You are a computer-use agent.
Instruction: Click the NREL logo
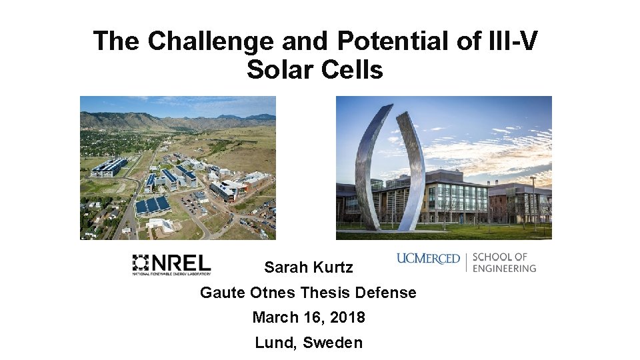pos(171,264)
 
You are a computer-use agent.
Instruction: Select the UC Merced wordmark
pos(428,259)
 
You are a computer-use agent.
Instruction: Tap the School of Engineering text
pos(504,262)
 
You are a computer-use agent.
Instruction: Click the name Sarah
pos(285,267)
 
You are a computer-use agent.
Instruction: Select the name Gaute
pos(223,293)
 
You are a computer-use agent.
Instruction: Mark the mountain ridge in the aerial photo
pos(160,121)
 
